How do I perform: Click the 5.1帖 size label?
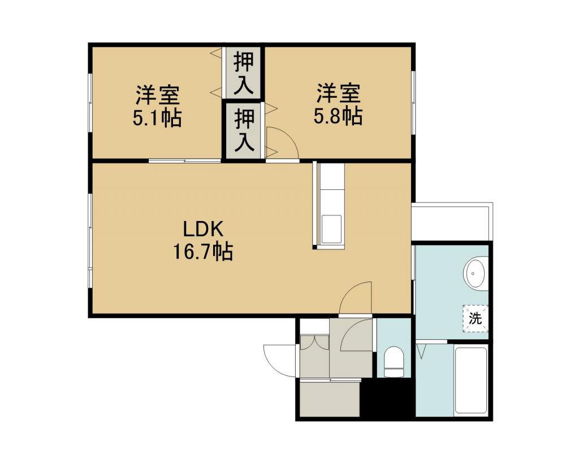(157, 118)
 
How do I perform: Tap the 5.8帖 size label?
(338, 116)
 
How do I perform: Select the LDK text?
(203, 230)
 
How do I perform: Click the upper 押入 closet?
(244, 73)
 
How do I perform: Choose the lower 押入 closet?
(244, 131)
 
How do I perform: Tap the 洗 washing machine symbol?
(476, 318)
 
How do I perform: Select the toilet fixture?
(394, 362)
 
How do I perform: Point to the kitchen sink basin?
(331, 229)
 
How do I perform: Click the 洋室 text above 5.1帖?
(157, 96)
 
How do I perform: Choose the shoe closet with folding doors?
(314, 356)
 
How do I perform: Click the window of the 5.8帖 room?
(413, 103)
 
